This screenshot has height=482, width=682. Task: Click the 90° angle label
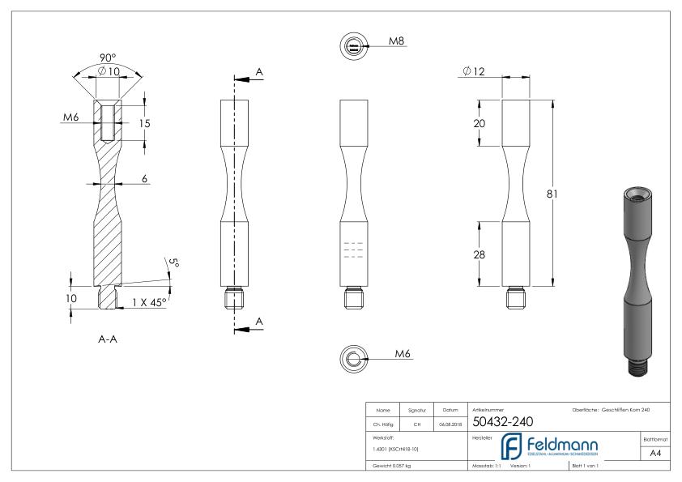point(108,58)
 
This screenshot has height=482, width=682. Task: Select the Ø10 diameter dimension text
point(108,71)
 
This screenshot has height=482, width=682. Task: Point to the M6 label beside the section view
point(71,118)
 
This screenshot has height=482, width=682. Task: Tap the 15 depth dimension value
point(144,124)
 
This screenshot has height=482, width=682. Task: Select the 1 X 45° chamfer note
point(149,301)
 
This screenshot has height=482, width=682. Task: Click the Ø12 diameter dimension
point(474,72)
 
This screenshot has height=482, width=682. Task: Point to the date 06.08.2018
point(449,421)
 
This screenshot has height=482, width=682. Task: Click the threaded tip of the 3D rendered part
point(637,368)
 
